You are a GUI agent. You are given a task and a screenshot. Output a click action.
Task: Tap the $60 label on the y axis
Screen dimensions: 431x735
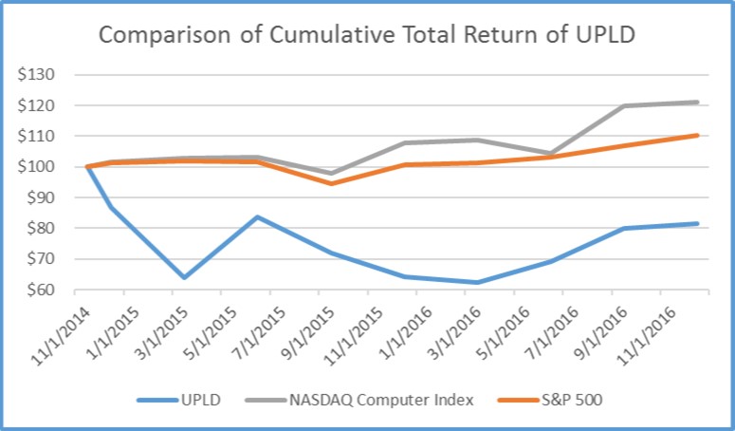point(42,290)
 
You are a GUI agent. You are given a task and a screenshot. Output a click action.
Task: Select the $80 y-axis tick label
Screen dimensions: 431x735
point(42,229)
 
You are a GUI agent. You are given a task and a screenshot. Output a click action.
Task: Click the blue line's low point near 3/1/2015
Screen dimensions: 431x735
point(183,277)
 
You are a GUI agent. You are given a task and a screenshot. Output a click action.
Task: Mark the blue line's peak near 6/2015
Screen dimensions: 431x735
point(257,216)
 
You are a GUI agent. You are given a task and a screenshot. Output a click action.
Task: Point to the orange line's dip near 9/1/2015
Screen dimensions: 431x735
point(331,183)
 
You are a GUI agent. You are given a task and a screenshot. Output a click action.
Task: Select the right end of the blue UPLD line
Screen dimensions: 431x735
point(698,224)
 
